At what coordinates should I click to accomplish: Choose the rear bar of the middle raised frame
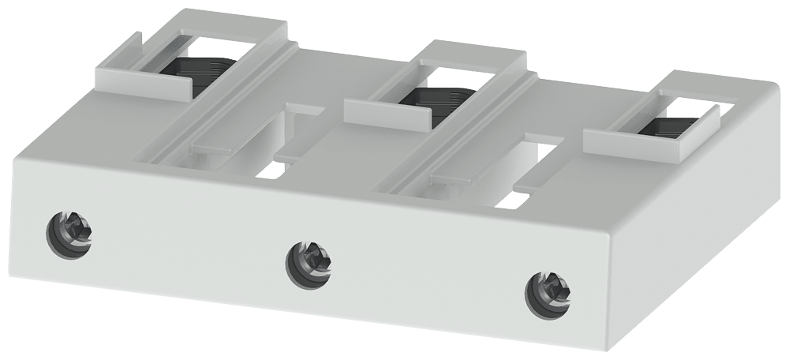coord(473,54)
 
